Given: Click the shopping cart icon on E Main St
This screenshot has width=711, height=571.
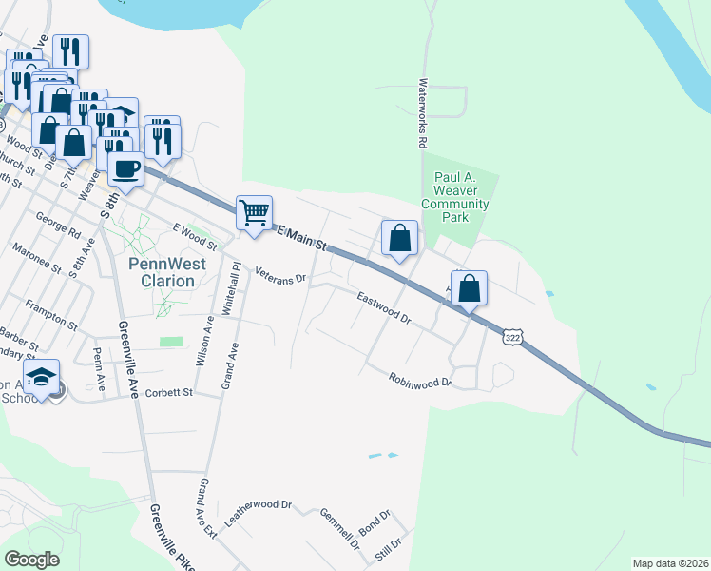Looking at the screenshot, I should [254, 212].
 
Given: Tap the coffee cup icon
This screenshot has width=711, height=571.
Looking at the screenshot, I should [125, 170].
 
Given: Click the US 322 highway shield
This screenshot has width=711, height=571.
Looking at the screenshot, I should [512, 339].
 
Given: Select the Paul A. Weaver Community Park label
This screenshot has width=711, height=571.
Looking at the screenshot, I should [454, 197].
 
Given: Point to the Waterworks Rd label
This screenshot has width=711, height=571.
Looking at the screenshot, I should [422, 113].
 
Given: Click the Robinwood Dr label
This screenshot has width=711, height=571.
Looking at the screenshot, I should [419, 380].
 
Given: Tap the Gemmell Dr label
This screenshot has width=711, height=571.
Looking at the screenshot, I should [339, 529].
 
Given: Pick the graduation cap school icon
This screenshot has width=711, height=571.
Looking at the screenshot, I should [41, 378].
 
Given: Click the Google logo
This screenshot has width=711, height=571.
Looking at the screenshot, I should [32, 559].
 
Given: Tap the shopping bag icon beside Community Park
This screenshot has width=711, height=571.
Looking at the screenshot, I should [400, 238].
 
